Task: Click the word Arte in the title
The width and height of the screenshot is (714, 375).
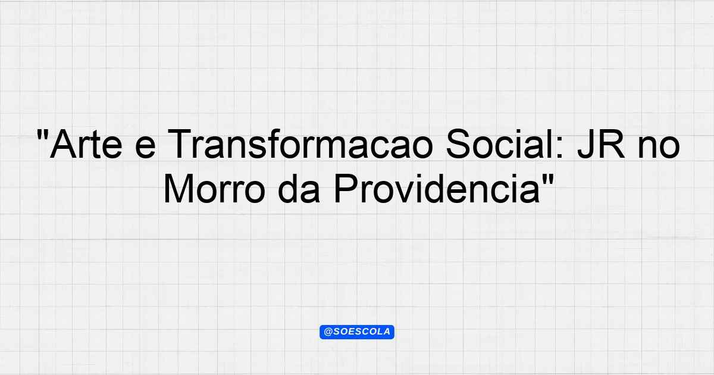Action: [x=86, y=144]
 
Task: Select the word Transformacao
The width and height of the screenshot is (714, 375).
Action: [x=300, y=144]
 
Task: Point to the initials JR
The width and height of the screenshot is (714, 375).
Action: [x=601, y=144]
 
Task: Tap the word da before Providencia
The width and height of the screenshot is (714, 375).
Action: [x=299, y=189]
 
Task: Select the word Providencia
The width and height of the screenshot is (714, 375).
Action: [x=437, y=189]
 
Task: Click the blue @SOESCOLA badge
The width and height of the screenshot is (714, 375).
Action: [x=357, y=332]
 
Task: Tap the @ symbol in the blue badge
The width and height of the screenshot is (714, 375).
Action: [x=328, y=332]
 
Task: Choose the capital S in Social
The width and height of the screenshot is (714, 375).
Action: [x=459, y=144]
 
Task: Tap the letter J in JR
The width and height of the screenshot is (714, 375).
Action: [x=587, y=144]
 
